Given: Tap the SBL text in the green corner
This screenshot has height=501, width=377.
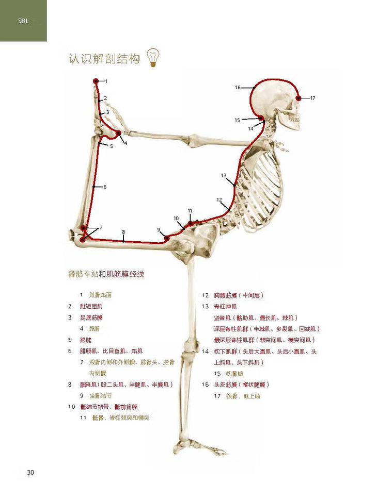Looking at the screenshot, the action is pos(23,22).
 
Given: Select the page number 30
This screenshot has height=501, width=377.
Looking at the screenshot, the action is pos(30,472).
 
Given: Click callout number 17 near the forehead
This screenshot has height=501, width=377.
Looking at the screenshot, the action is pos(312,98).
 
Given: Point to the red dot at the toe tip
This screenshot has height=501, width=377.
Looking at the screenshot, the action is pos(96,81).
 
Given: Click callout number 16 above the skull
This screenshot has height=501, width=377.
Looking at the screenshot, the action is pos(238,88).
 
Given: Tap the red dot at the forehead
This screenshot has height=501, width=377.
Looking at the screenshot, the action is pos(299,98).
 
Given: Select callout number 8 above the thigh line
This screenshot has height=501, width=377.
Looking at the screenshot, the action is pos(123,232).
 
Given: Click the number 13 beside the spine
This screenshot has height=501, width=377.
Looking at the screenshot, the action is pos(224,175).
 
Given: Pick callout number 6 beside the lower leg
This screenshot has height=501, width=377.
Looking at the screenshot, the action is pos(105,187).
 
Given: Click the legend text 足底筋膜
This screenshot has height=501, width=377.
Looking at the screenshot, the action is pos(91,318).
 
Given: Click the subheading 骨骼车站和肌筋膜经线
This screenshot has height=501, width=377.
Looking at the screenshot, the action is pos(106,275).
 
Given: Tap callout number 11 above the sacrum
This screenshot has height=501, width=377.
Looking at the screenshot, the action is pos(190,211).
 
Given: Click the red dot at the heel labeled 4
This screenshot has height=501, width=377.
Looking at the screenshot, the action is pos(119,133).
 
